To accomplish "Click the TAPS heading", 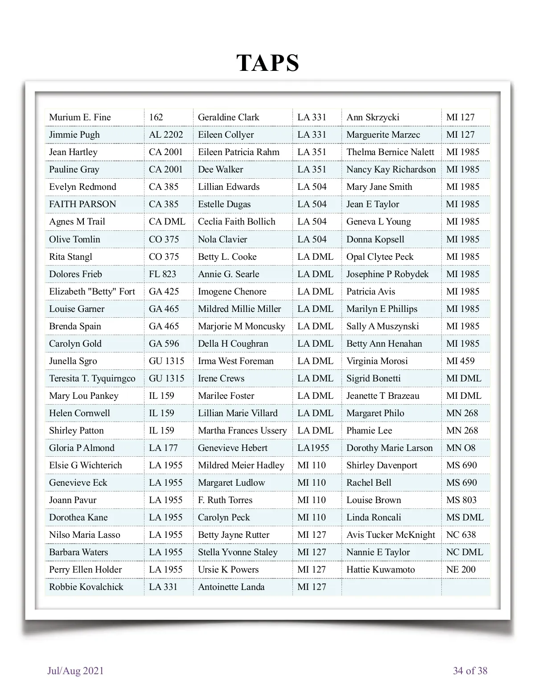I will (x=267, y=63).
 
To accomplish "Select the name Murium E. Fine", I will (x=80, y=117).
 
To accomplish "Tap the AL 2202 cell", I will (x=166, y=135).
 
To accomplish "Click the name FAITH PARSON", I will (x=82, y=204).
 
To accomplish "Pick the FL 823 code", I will (x=162, y=274).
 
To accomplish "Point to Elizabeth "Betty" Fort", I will (x=92, y=291).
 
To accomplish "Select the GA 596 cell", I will (x=164, y=344).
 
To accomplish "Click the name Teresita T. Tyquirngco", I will (x=92, y=378).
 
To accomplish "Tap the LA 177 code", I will (x=163, y=448).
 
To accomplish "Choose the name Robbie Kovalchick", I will (x=86, y=587).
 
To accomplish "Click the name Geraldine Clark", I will (x=228, y=117).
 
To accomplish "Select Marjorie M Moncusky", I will (x=241, y=326).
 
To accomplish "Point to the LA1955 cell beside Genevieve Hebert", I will (x=313, y=448).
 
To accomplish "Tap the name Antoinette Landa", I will (x=231, y=587).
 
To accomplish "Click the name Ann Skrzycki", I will (x=373, y=117).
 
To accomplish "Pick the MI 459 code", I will (x=460, y=361).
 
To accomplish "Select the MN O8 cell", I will (x=461, y=448).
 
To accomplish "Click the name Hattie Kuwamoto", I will (x=380, y=569).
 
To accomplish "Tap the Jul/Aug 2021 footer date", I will (x=75, y=671).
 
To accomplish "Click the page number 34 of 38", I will (x=470, y=671).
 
